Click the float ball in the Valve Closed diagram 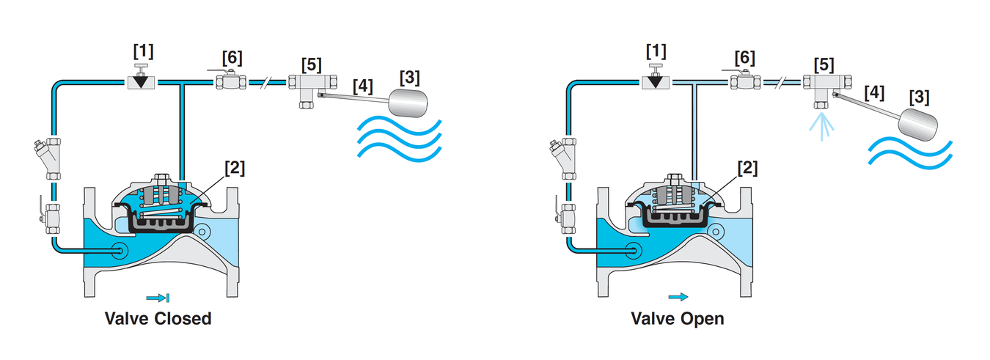coord(408,103)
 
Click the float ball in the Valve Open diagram coord(918,125)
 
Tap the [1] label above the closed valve coord(143,51)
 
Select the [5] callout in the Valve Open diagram coord(824,65)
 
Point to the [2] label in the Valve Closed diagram coord(234,168)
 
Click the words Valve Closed coord(158,318)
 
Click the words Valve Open coord(678,318)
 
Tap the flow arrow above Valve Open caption coord(678,297)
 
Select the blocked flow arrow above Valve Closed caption coord(158,298)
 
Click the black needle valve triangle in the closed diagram coord(141,81)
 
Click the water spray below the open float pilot coord(821,127)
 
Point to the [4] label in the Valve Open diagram coord(874,93)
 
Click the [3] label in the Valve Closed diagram coord(409,77)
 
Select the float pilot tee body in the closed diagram coord(312,87)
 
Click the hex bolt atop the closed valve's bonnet coord(161,180)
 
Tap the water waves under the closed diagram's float coord(400,138)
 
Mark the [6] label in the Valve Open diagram coord(745,57)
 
